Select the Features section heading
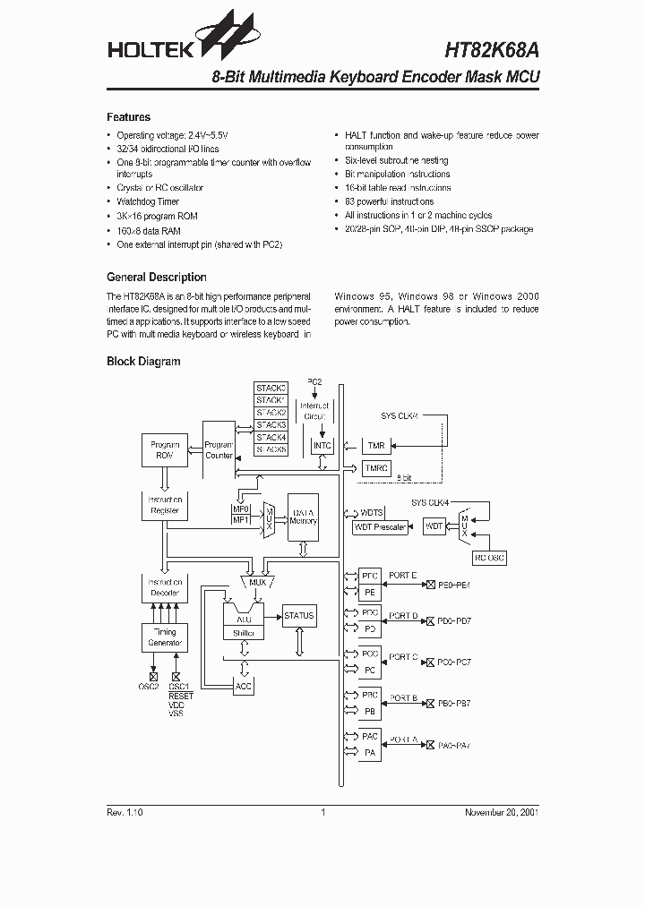[x=128, y=117]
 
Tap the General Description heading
[x=156, y=278]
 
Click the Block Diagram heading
[x=143, y=362]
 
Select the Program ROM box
[x=165, y=450]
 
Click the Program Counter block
[x=219, y=450]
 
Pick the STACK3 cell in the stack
[x=271, y=424]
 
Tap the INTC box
[x=322, y=445]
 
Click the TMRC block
[x=375, y=468]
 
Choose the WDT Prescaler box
[x=380, y=526]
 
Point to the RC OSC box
[x=490, y=557]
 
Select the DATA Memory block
[x=303, y=517]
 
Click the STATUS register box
[x=298, y=615]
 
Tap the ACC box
[x=243, y=686]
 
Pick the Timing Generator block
[x=165, y=637]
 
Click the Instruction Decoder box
[x=165, y=586]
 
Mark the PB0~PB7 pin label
[x=454, y=704]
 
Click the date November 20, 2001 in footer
[x=501, y=812]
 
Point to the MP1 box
[x=241, y=519]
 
